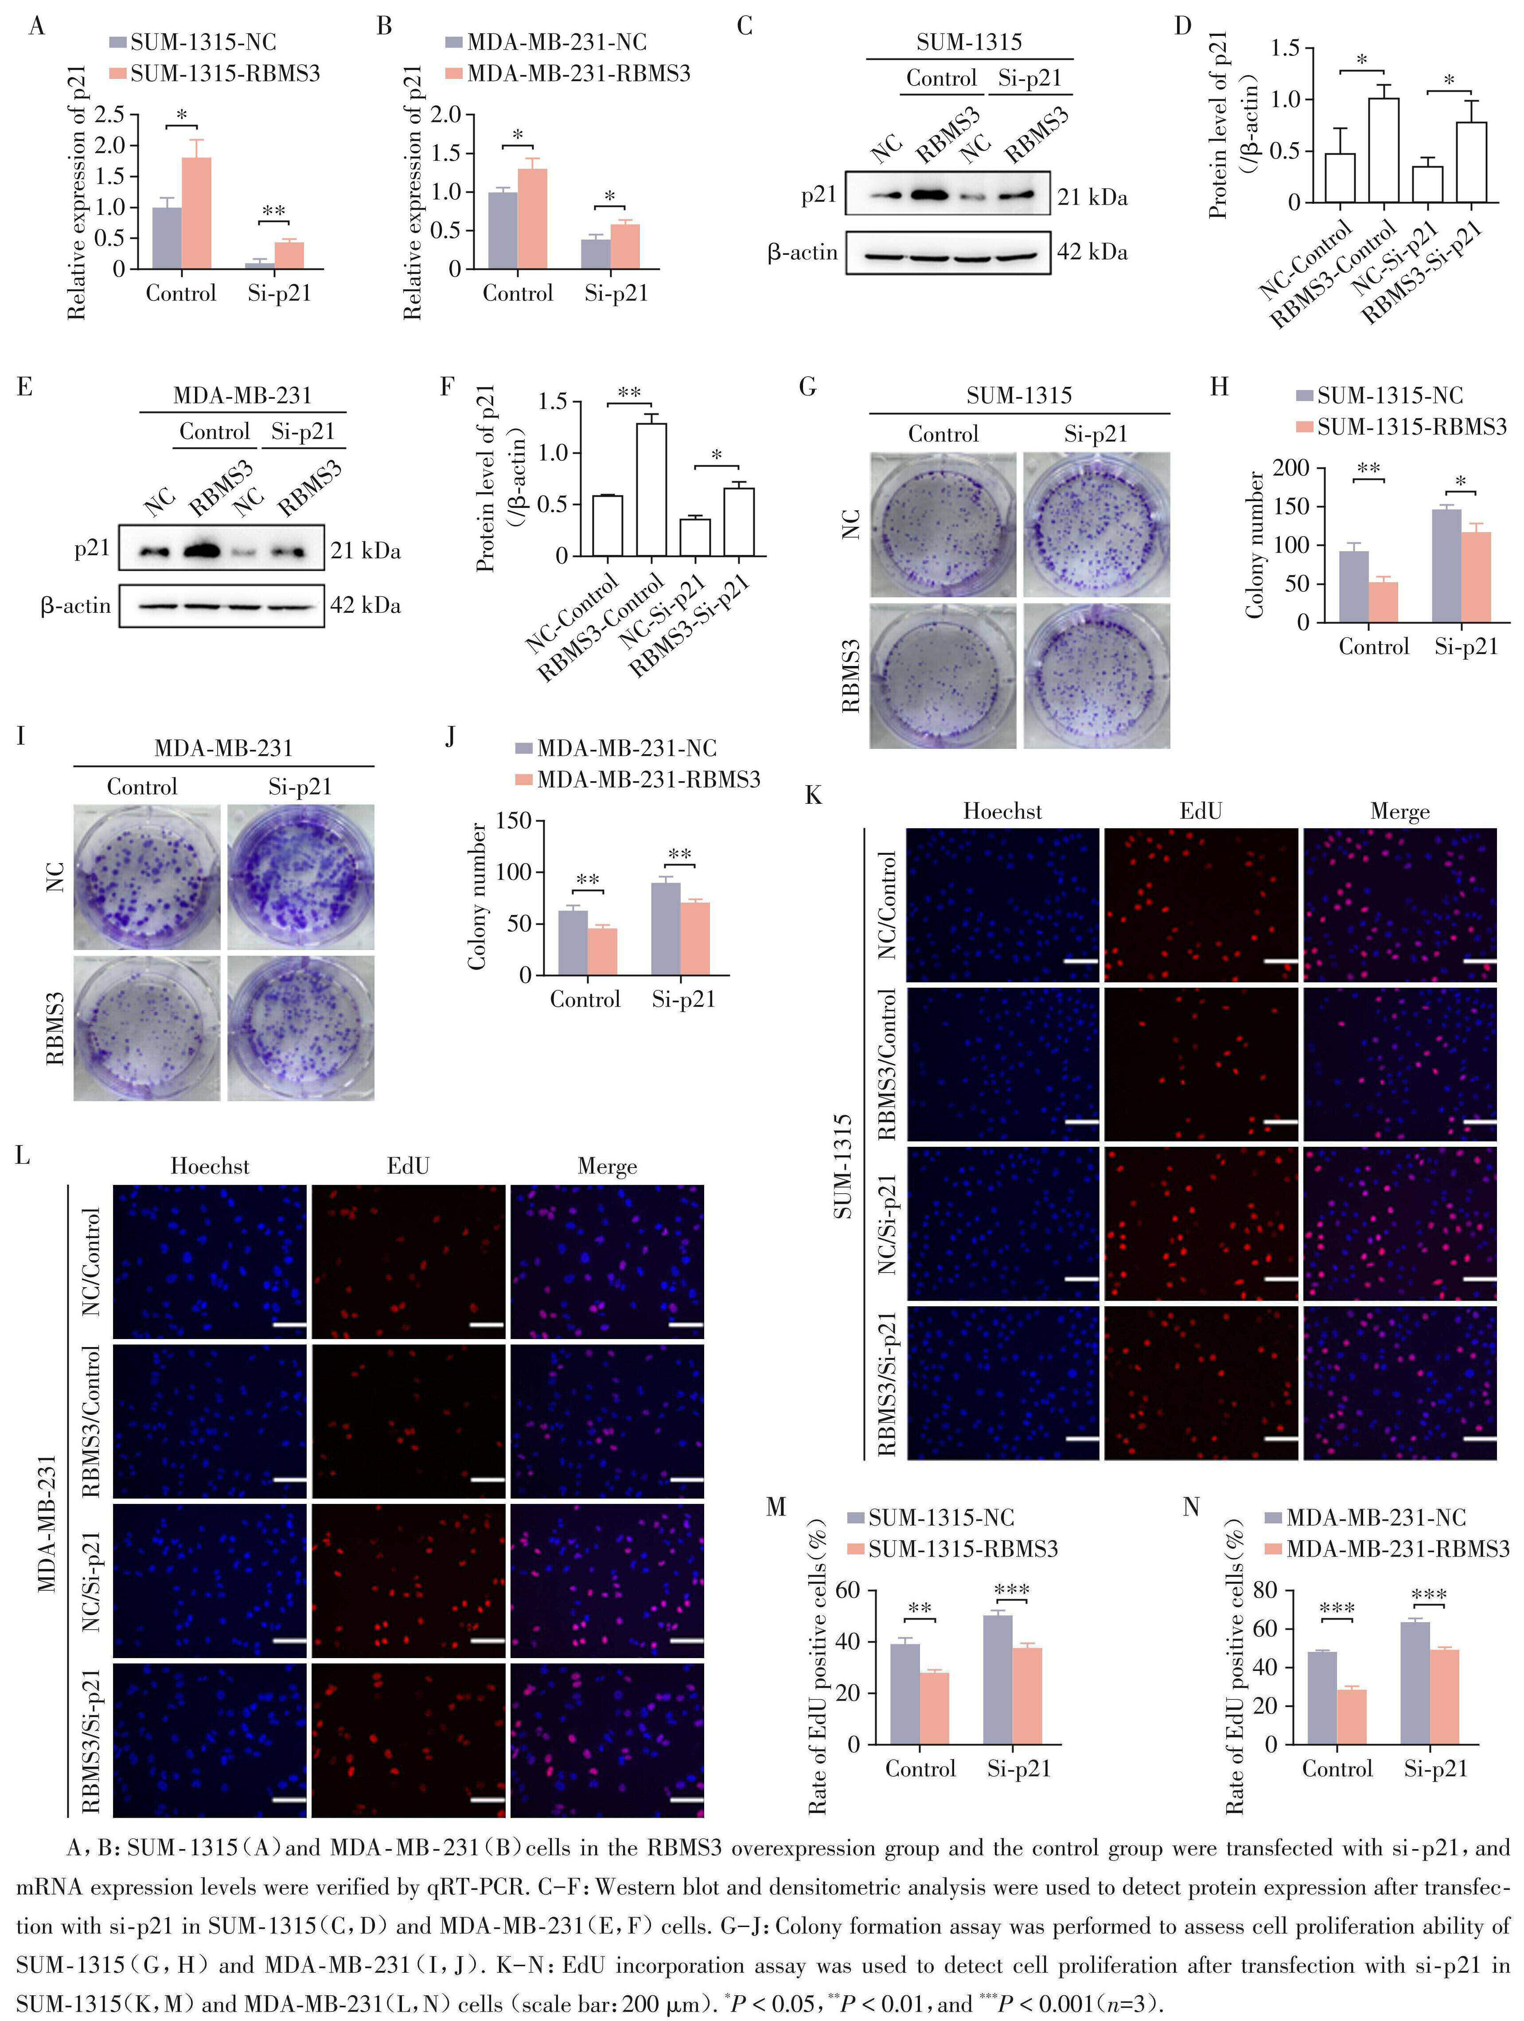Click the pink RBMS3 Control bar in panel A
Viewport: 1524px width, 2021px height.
click(196, 213)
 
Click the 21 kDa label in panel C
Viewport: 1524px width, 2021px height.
click(1093, 197)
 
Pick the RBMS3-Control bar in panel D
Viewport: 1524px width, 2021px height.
click(1383, 151)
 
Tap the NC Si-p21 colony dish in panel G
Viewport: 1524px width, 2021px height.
click(1095, 525)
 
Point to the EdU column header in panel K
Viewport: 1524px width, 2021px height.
click(1200, 811)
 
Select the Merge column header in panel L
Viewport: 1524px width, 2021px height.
click(607, 1167)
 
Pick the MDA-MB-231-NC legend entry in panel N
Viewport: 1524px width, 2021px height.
click(1375, 1518)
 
